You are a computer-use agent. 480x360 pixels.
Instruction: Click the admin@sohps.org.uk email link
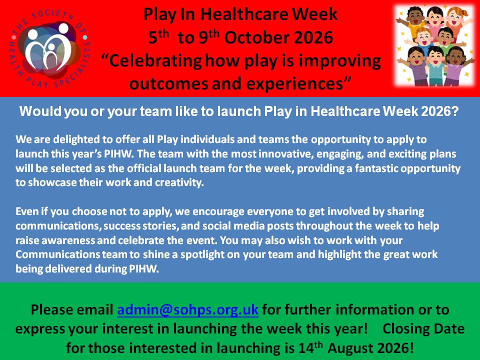(x=187, y=310)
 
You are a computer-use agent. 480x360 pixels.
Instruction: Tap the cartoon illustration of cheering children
(x=434, y=46)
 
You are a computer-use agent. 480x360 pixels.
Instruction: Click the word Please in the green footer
(x=51, y=310)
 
